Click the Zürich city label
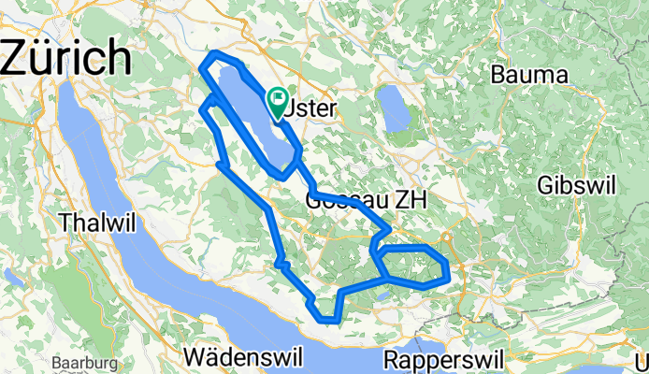65,58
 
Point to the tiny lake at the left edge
11,277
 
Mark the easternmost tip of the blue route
451,270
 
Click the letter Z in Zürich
21,58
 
